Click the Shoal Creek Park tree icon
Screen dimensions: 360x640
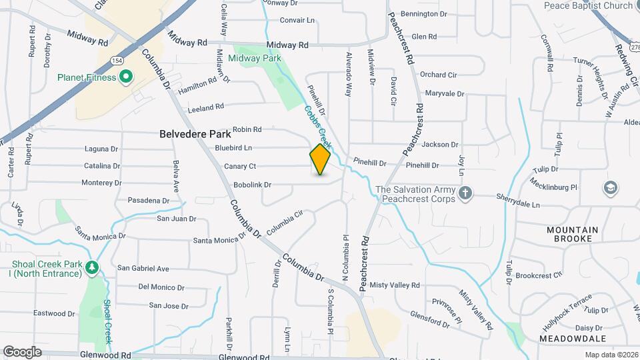92,268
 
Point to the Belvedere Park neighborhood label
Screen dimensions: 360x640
195,134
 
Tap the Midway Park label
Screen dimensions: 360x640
254,58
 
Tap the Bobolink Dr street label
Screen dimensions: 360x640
252,185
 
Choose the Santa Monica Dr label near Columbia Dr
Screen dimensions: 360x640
219,240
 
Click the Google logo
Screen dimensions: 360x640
22,351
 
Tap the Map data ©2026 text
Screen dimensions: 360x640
611,355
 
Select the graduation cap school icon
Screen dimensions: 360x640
610,189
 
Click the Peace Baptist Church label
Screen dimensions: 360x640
588,6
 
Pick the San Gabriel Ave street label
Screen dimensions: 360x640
143,269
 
